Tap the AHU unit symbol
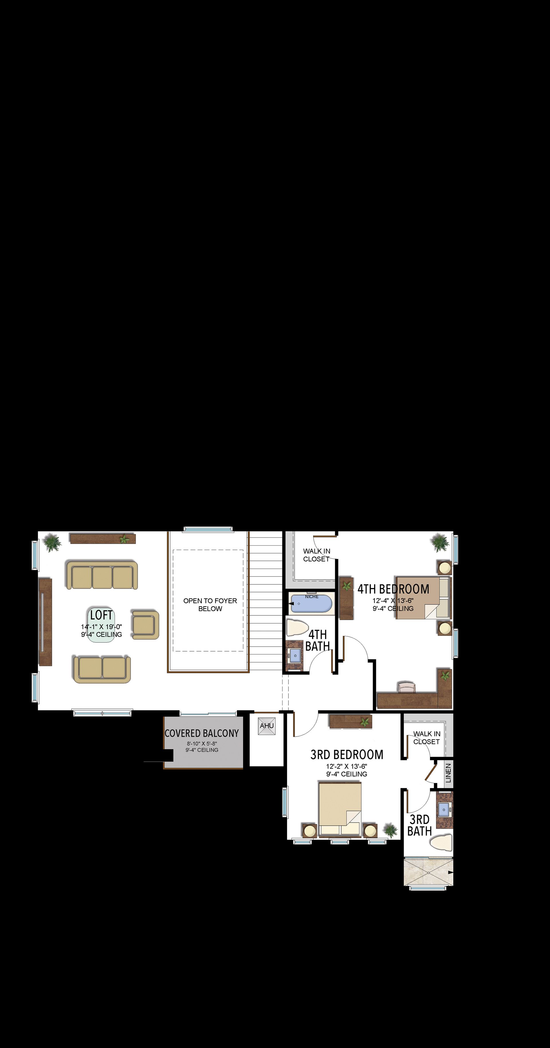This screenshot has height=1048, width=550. tap(267, 726)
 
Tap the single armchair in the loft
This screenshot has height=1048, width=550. tap(145, 624)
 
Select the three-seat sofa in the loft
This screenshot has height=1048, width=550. tap(102, 575)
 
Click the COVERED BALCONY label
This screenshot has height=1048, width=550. tap(202, 733)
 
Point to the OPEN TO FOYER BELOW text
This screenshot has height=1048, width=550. tap(210, 605)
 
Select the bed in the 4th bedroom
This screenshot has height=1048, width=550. tap(423, 597)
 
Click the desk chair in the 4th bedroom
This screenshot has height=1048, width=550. tap(407, 687)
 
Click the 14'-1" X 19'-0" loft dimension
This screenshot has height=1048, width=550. tap(101, 627)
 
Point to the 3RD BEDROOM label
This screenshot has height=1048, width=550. tap(347, 755)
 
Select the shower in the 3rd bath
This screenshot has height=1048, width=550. tap(428, 872)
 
